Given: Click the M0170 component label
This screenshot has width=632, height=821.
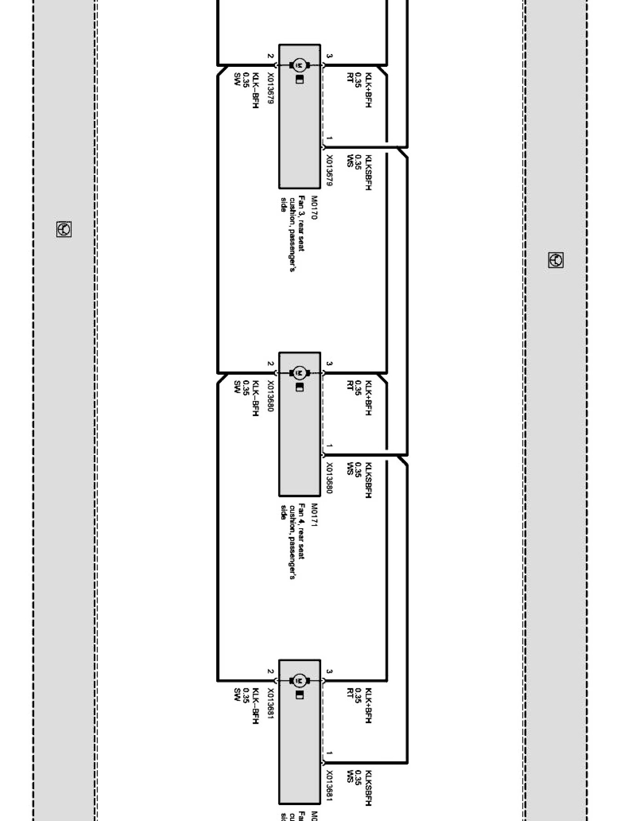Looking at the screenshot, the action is [x=314, y=208].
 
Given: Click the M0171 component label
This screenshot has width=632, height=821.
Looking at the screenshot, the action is [x=314, y=515].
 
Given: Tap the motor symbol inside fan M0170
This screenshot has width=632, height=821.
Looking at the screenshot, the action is [x=299, y=65].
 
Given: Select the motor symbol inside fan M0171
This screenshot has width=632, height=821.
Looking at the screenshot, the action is [x=299, y=373].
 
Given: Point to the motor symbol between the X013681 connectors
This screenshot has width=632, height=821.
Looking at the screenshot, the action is [x=299, y=681].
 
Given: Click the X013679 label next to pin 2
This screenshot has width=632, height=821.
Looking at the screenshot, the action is [x=270, y=89].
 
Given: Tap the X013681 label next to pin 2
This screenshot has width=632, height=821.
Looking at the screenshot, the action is [x=270, y=704].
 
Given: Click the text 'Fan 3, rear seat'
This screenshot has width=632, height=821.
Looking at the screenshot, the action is [x=301, y=223].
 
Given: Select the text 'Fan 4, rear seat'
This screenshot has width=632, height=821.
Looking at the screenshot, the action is [x=301, y=531].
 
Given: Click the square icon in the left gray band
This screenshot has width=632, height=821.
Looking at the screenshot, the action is [x=64, y=229].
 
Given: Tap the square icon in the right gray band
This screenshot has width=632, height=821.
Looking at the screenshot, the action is [x=556, y=260].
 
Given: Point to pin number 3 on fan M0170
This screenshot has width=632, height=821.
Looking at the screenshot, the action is [x=329, y=56].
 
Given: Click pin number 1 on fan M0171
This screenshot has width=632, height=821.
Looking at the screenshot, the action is [x=329, y=446].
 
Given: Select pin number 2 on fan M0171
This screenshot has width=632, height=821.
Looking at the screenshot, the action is [x=270, y=364].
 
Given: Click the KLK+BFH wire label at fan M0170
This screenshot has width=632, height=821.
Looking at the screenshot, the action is [x=368, y=90].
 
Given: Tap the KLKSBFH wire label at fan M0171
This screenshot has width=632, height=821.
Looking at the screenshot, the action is [x=368, y=480].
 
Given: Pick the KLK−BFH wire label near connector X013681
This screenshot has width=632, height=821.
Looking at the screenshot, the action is [x=255, y=706].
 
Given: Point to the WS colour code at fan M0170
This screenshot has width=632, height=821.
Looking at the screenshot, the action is [x=350, y=161].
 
